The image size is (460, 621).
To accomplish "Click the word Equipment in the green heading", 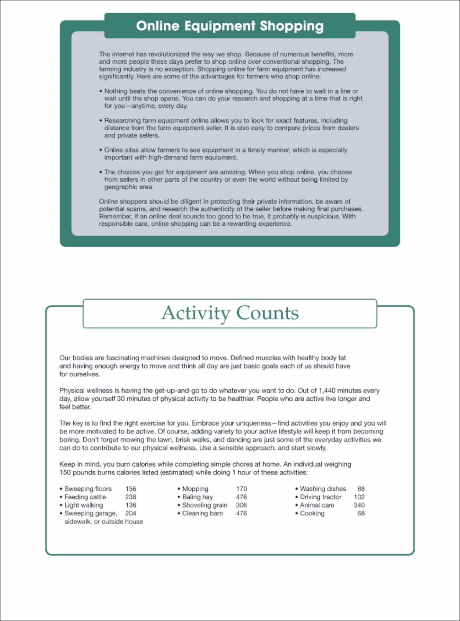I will pyautogui.click(x=220, y=26).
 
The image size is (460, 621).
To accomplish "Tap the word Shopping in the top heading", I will pyautogui.click(x=292, y=26).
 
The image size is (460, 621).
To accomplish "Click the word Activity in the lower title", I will pyautogui.click(x=195, y=313).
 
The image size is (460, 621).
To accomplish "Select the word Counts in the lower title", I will pyautogui.click(x=267, y=313).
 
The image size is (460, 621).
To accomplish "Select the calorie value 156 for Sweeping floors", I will pyautogui.click(x=131, y=489).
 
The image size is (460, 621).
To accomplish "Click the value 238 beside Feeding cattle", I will pyautogui.click(x=131, y=497).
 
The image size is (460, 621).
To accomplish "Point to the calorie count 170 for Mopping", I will pyautogui.click(x=242, y=489).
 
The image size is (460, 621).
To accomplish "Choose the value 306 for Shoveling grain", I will pyautogui.click(x=242, y=505).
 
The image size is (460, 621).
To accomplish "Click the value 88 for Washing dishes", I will pyautogui.click(x=361, y=489).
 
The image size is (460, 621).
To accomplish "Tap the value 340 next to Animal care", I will pyautogui.click(x=359, y=505).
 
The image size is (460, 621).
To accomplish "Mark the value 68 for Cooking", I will pyautogui.click(x=361, y=513).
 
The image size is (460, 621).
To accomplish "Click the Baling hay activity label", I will pyautogui.click(x=197, y=497).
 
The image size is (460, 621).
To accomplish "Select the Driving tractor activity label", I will pyautogui.click(x=320, y=497).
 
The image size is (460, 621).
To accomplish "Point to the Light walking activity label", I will pyautogui.click(x=84, y=505).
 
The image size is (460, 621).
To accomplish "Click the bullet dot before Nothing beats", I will pyautogui.click(x=101, y=91).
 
